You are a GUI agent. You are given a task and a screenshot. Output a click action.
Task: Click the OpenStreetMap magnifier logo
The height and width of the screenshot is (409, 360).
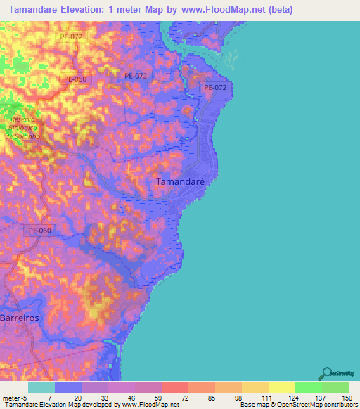pos(328,372)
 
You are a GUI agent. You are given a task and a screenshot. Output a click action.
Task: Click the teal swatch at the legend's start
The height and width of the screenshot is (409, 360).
pos(41,387)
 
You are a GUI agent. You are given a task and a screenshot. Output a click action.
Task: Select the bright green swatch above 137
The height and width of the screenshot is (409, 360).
pos(308,387)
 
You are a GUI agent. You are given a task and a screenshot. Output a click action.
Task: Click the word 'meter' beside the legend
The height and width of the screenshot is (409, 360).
pos(10,398)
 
